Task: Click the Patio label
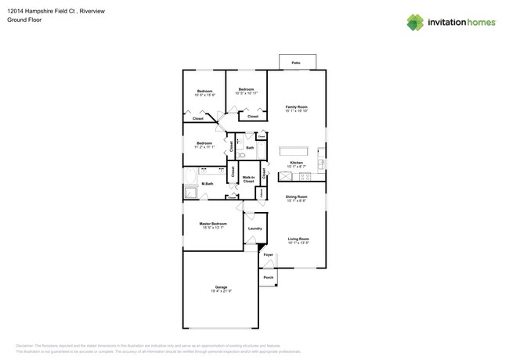[x=296, y=63]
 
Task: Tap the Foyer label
[x=269, y=255]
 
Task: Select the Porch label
[x=268, y=278]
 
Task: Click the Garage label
[x=221, y=289]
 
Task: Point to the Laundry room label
[x=254, y=229]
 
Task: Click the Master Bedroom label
[x=213, y=225]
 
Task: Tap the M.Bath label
[x=208, y=184]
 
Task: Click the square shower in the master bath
[x=190, y=193]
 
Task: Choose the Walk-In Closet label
[x=249, y=178]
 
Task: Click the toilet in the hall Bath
[x=242, y=156]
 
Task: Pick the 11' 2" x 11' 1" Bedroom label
[x=204, y=145]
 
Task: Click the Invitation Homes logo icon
[x=415, y=23]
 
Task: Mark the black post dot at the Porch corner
[x=276, y=286]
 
